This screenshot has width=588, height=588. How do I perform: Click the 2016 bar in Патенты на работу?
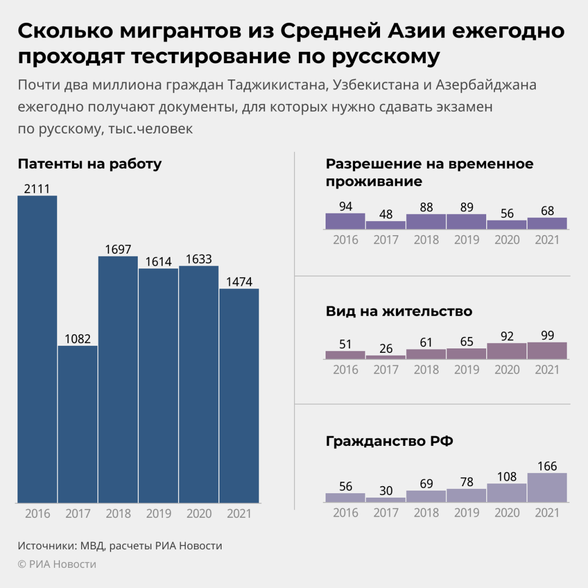point(38,348)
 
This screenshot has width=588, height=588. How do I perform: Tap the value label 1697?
point(118,249)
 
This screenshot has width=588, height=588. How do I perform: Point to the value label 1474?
point(239,281)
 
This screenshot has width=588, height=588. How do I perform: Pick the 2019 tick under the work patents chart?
point(158,513)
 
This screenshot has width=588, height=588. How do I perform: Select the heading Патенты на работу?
point(90,164)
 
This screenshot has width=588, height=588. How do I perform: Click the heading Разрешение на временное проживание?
point(429,173)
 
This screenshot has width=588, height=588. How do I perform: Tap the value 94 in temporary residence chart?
point(346,206)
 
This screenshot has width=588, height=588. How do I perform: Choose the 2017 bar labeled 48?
point(386,225)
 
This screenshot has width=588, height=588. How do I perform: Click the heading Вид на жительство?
point(399,311)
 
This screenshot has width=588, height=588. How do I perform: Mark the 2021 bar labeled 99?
point(547,351)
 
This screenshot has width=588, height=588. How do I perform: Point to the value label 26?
point(386,348)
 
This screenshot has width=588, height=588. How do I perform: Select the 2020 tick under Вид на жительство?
point(507,370)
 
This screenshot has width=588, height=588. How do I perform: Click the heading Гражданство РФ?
point(390,441)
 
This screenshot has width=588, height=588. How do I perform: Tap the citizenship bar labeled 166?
point(547,487)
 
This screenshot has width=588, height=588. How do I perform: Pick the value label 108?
point(507,476)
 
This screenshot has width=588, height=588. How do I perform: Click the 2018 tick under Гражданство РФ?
point(426,513)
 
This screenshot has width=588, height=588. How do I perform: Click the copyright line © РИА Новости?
point(57,564)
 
